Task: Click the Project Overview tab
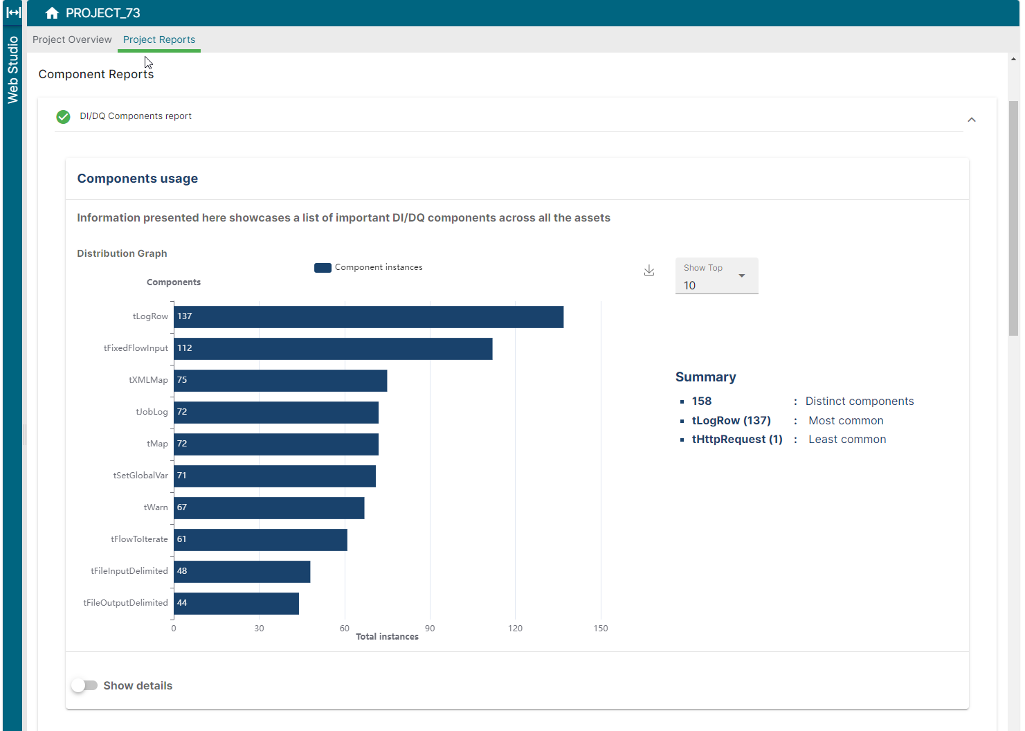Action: (x=72, y=39)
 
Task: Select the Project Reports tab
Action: (x=159, y=39)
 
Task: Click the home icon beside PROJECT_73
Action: (x=52, y=13)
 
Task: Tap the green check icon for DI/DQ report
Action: (x=63, y=117)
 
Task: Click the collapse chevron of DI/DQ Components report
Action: (x=972, y=120)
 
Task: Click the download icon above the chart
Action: (x=649, y=271)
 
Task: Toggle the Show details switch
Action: (x=84, y=685)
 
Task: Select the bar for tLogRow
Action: (x=368, y=317)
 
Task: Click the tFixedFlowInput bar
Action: (x=333, y=349)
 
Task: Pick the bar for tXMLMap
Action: (x=280, y=381)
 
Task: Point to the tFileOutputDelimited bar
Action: (x=236, y=604)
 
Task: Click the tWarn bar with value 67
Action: (x=269, y=508)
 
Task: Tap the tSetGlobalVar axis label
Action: (x=140, y=476)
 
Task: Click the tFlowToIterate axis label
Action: (x=139, y=539)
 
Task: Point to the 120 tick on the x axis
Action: (x=515, y=628)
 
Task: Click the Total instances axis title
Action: (x=387, y=637)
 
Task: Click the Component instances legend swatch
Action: (x=323, y=268)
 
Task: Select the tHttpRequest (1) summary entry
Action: (x=736, y=440)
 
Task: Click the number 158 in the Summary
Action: (x=701, y=401)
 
